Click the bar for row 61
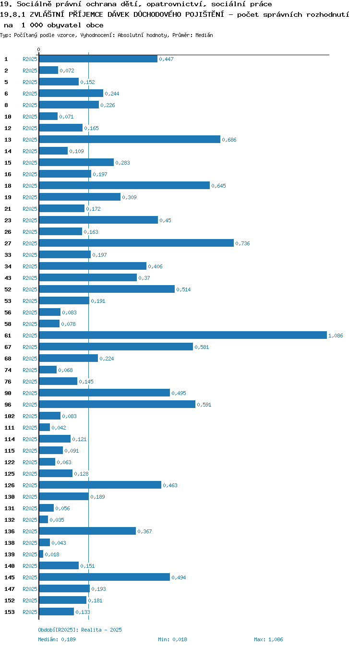183,335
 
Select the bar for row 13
130,139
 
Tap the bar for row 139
41,554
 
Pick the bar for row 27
136,243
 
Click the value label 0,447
166,59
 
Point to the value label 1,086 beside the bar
336,336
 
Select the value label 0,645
218,186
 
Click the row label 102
10,416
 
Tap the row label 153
10,612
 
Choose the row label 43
8,278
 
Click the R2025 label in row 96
30,405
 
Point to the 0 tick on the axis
38,49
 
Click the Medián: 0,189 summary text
57,639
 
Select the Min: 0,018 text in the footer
172,639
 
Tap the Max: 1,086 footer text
268,639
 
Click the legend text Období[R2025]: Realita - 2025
80,629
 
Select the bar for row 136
87,531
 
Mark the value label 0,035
57,520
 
